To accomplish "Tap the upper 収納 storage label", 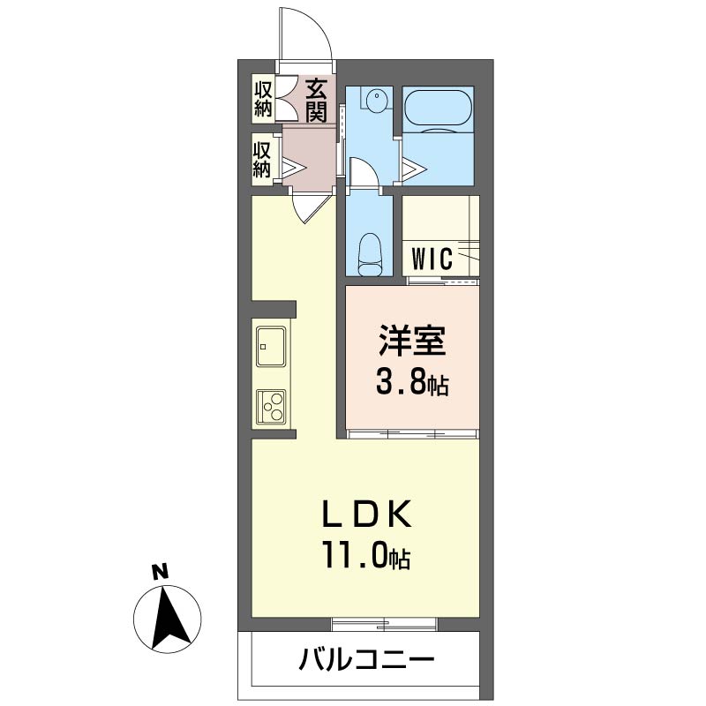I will (x=263, y=99).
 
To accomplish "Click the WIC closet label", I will (x=432, y=259).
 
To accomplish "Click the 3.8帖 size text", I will (x=412, y=383).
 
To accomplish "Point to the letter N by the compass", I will (x=159, y=571).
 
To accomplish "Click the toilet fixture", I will (x=368, y=254).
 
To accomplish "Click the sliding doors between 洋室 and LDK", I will (x=411, y=433).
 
